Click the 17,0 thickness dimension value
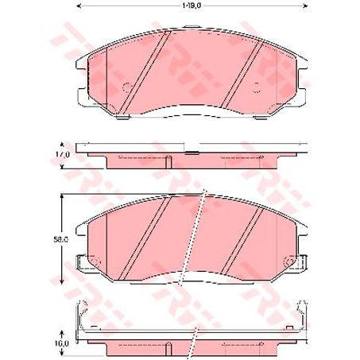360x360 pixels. [x=64, y=153]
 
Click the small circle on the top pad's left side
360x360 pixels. [x=125, y=86]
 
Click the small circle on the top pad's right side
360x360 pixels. [x=256, y=86]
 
